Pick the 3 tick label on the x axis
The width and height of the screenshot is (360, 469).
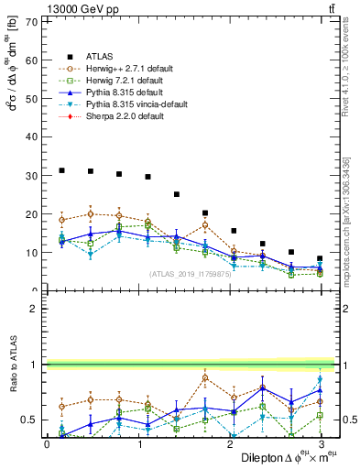321,443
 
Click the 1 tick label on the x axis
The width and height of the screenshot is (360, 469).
138,443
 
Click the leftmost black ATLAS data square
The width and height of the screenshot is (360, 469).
61,170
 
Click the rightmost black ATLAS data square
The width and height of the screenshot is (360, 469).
320,258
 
